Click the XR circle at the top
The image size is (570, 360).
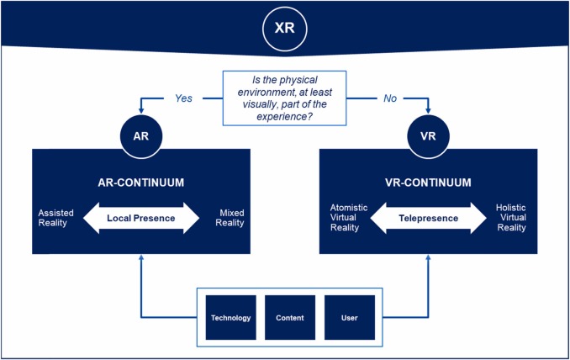coord(285,28)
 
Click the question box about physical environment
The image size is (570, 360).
coord(284,98)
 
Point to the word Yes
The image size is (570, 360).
coord(183,98)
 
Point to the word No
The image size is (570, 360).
coord(389,98)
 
